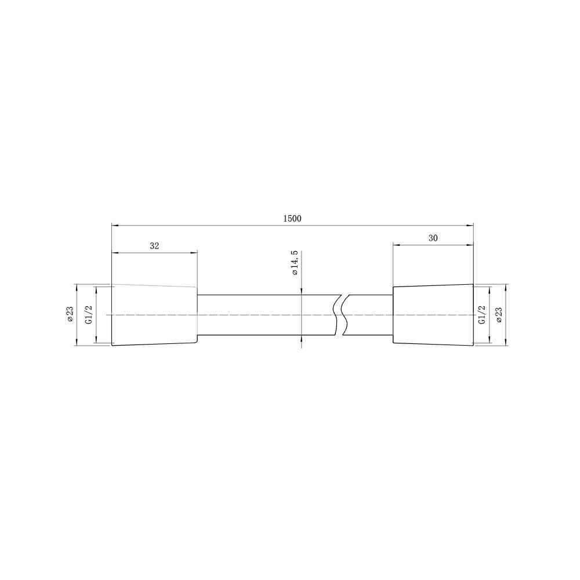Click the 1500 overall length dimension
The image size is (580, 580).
[292, 219]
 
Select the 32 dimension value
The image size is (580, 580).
[154, 246]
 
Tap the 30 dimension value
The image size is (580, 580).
[433, 238]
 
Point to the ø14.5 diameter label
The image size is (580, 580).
[295, 263]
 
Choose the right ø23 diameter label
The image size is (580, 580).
[499, 315]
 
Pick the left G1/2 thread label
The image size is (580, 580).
[89, 315]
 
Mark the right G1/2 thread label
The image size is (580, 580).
[481, 315]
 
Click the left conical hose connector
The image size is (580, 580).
[155, 315]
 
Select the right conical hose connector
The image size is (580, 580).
[433, 315]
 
